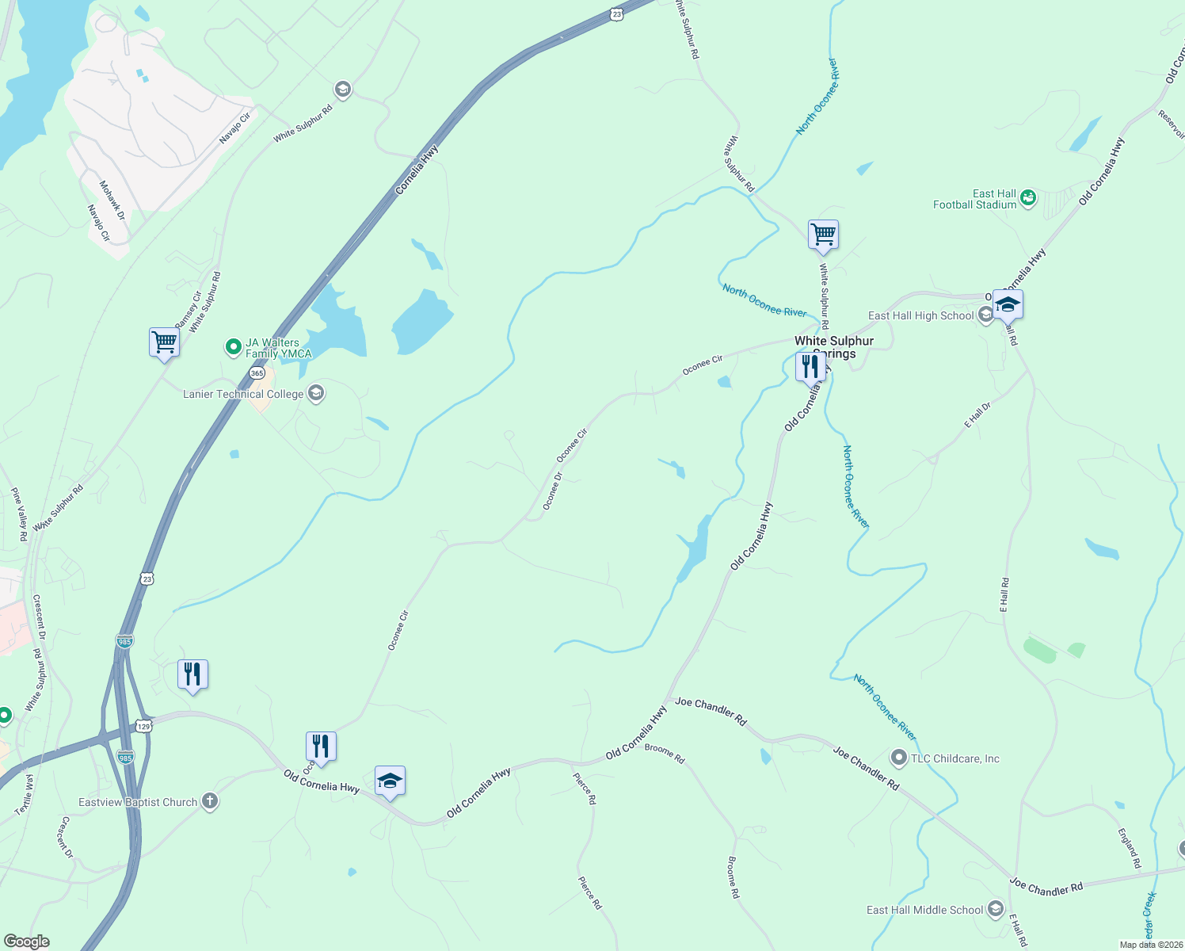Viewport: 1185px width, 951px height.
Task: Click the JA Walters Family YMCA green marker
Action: pos(233,346)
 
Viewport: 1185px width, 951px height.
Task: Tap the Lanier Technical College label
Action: pos(243,394)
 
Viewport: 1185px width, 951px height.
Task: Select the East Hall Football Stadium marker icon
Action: pos(1028,197)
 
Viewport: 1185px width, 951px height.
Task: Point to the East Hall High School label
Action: pos(920,315)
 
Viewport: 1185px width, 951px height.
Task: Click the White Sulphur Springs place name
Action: pos(834,347)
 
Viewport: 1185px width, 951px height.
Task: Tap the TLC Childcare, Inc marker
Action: pos(898,758)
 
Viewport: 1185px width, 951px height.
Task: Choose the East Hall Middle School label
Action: pos(924,910)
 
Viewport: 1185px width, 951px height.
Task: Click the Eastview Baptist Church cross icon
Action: pos(209,801)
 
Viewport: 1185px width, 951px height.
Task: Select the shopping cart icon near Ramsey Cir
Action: pos(164,343)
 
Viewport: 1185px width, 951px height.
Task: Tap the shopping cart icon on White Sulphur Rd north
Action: pos(823,235)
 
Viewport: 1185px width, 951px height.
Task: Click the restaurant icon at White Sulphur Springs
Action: pos(810,367)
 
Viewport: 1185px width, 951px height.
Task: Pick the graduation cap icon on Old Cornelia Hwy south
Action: pos(390,781)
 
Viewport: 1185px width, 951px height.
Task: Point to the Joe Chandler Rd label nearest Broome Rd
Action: pos(711,711)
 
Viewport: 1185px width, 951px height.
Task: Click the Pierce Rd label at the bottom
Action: pos(590,893)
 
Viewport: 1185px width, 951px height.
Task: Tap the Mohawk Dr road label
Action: pos(112,200)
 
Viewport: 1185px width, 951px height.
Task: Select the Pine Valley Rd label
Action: pos(20,514)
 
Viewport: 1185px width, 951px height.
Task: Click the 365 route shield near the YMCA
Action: pos(257,372)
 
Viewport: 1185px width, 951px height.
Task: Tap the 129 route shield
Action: pos(143,725)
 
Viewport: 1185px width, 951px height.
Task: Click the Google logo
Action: pos(26,941)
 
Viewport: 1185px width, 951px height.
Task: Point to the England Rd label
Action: pos(1130,848)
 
